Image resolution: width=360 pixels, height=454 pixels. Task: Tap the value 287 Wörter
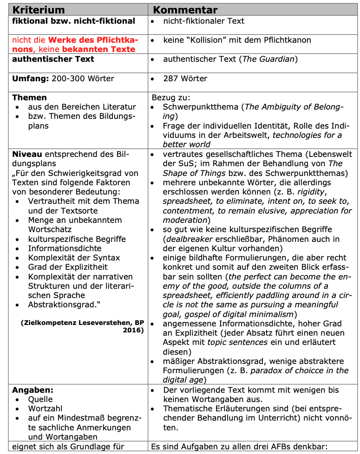click(x=185, y=78)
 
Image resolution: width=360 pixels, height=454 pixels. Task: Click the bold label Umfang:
click(x=30, y=78)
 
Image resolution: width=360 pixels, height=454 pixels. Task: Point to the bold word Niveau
click(x=26, y=154)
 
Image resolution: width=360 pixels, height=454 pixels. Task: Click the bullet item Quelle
click(x=40, y=399)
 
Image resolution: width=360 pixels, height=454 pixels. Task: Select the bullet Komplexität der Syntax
click(x=74, y=258)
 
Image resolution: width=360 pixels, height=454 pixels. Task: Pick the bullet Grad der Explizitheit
click(x=68, y=267)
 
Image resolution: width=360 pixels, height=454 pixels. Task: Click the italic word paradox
click(x=262, y=370)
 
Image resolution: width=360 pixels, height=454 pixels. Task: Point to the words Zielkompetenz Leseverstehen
click(x=64, y=322)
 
